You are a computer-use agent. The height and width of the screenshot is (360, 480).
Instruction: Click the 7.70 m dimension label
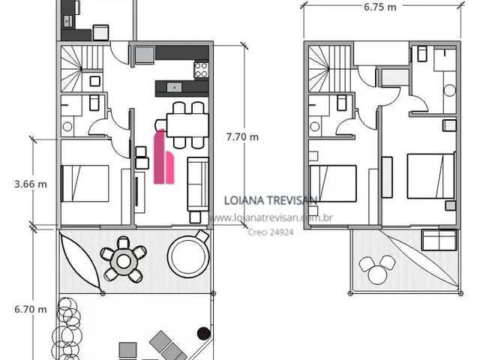(242, 136)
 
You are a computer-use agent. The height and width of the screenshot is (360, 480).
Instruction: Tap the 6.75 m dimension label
(380, 7)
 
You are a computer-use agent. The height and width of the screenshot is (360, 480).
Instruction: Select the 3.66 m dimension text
(31, 184)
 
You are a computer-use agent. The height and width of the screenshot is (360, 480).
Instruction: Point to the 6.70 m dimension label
(31, 309)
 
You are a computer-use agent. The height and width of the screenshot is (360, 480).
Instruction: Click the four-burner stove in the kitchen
(201, 70)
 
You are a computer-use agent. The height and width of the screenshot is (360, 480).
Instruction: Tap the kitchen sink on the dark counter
(174, 87)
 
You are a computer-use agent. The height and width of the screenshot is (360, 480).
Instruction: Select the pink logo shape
(163, 157)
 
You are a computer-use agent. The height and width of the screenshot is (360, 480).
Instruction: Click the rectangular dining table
(187, 125)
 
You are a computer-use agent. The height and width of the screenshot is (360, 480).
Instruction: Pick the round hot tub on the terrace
(188, 256)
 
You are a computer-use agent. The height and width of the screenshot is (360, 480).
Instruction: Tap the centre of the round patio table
(123, 261)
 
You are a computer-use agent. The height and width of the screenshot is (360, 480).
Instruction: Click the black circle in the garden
(203, 334)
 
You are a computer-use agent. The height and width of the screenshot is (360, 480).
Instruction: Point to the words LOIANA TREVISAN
(270, 200)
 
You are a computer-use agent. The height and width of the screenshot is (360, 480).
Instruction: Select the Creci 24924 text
(271, 232)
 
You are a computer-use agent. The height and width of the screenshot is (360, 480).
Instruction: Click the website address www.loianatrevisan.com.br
(271, 217)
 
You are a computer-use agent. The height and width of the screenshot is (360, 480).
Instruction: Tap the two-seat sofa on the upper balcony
(439, 240)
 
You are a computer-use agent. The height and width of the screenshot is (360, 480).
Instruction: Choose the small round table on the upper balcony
(377, 274)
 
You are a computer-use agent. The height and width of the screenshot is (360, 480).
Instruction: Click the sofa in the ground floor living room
(198, 184)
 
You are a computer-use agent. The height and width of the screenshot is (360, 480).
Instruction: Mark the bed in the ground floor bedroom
(85, 183)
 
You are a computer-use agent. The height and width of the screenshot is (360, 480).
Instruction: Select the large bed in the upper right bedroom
(430, 176)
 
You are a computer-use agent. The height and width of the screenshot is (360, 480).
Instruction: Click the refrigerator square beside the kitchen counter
(145, 55)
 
